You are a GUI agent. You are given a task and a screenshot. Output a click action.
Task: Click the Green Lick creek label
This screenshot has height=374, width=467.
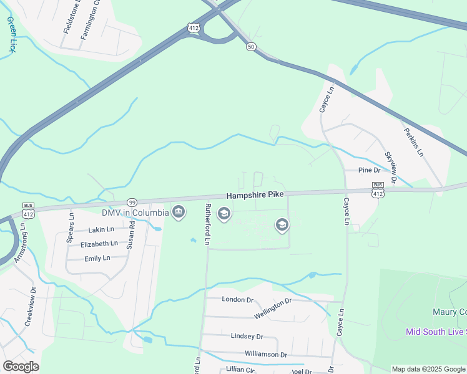pos(11,34)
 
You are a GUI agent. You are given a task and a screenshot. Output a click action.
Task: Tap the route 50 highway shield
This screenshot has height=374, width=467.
pos(251,47)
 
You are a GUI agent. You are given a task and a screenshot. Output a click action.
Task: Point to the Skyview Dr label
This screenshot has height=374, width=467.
pos(390,168)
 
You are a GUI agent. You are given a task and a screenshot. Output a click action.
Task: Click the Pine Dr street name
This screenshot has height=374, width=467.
pos(369,170)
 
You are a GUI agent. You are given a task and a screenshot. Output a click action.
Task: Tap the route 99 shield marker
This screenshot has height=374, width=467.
pos(132,202)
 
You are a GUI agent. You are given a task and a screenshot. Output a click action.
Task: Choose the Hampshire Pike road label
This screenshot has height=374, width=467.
pos(255,194)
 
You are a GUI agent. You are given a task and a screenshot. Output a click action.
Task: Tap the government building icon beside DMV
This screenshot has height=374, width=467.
pos(179,213)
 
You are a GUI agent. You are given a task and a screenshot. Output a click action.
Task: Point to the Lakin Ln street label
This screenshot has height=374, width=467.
pos(101,229)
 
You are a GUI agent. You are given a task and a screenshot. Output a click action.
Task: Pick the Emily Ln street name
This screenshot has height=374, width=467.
pos(97,258)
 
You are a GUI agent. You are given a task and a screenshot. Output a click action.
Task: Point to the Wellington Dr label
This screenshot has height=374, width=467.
pos(273,309)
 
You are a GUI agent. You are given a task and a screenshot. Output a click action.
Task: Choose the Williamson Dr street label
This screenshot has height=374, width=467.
pos(265,355)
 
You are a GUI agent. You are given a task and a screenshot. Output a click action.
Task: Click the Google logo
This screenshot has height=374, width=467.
pos(21,366)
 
